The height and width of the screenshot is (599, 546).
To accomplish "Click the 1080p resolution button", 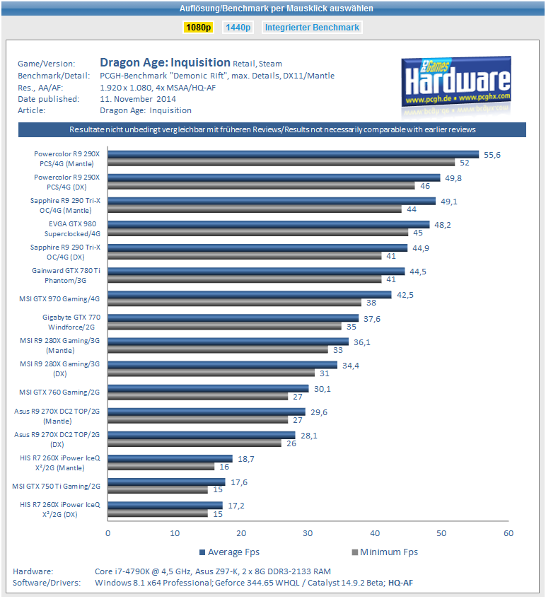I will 198,28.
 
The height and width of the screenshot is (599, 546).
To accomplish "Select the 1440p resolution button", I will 238,28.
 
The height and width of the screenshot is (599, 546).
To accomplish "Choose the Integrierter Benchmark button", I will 312,28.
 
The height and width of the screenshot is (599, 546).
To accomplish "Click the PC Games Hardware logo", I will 456,82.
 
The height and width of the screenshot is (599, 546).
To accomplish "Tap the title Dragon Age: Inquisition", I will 165,62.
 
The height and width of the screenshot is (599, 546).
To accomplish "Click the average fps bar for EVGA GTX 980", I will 269,224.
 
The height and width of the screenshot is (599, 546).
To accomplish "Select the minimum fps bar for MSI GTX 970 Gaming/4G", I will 234,302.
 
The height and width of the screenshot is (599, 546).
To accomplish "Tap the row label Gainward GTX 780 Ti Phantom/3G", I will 66,275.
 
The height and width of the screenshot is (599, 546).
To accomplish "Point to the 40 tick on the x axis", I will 374,533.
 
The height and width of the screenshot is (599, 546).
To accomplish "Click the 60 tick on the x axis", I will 507,533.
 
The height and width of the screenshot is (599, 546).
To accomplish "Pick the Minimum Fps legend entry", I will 385,552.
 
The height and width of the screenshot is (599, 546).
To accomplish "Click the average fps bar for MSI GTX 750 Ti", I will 166,482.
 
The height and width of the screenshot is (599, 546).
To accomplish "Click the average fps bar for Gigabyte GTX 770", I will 233,318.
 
